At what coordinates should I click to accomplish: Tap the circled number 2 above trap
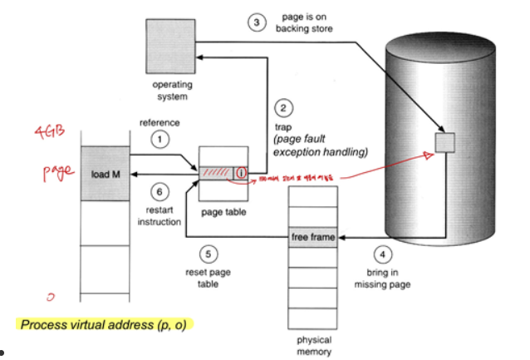[x=284, y=108]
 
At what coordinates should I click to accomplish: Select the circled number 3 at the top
[x=258, y=22]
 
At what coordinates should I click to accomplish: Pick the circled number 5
[x=209, y=254]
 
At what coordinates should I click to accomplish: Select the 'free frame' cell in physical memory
[x=313, y=238]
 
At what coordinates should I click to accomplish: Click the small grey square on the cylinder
[x=446, y=143]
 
